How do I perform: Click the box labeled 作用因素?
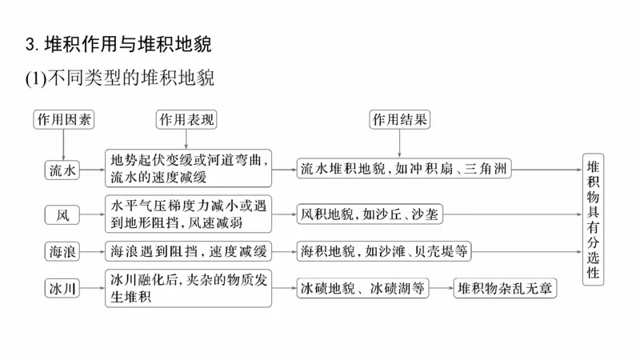coord(63,120)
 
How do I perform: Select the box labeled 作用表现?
coord(188,120)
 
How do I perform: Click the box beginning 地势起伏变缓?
coord(188,169)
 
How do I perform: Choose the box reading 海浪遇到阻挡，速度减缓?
coord(188,252)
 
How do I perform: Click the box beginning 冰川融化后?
coord(188,288)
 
